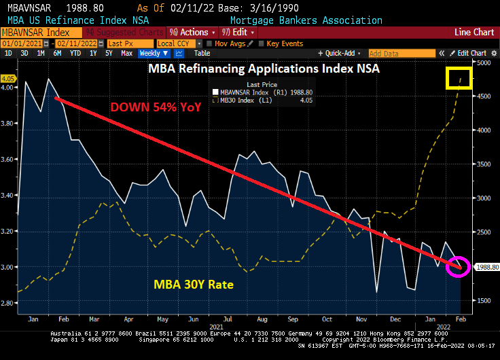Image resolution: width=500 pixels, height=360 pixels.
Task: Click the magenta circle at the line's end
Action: pos(458,266)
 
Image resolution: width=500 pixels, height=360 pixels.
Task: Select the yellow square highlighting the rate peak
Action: pos(459,78)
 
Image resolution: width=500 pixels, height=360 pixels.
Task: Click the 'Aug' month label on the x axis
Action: pos(261,319)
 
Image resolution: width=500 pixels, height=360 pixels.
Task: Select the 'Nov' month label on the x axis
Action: pos(360,319)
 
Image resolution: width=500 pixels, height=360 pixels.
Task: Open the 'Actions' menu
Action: pos(194,32)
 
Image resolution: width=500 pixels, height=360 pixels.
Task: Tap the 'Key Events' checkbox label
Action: pos(284,43)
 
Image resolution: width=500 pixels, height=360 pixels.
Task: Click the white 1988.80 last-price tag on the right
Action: pos(485,267)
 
